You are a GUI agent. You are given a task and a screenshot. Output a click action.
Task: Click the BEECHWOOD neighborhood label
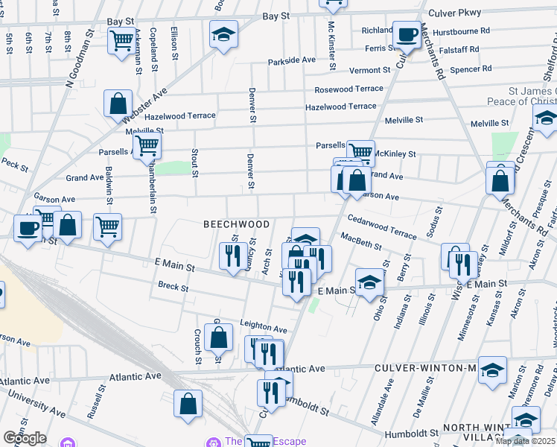pyautogui.click(x=238, y=224)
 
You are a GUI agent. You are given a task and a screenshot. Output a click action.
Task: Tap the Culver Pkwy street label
pyautogui.click(x=456, y=13)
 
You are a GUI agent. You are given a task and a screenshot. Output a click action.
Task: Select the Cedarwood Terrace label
pyautogui.click(x=382, y=226)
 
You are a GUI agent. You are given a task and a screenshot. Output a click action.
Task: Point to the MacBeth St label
pyautogui.click(x=361, y=241)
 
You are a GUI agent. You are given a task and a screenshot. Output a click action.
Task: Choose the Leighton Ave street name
pyautogui.click(x=263, y=329)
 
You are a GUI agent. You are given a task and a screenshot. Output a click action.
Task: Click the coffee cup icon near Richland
pyautogui.click(x=407, y=35)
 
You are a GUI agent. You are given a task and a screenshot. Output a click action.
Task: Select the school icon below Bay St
pyautogui.click(x=222, y=35)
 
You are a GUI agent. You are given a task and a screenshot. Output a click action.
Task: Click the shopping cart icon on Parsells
pyautogui.click(x=360, y=152)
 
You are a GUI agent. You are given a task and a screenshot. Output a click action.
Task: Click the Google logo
pyautogui.click(x=25, y=438)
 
